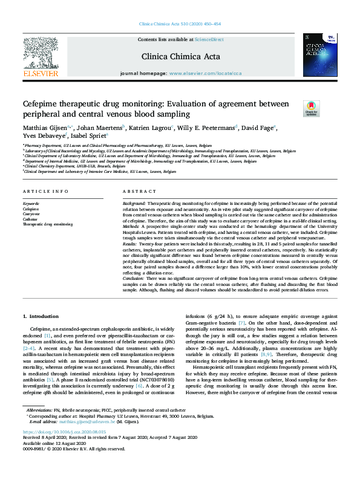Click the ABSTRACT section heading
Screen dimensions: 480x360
134,192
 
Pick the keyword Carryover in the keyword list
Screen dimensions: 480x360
31,213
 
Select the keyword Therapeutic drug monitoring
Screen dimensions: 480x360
47,224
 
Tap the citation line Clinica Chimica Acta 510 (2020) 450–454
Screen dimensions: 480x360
180,24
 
